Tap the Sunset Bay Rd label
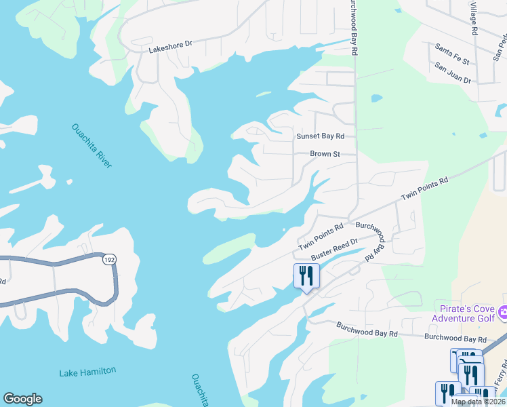[x=320, y=136]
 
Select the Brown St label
[x=325, y=154]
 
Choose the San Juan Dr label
[x=453, y=69]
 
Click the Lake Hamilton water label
[x=87, y=371]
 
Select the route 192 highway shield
[x=109, y=259]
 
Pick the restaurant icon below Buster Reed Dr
[x=306, y=276]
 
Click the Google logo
[x=22, y=399]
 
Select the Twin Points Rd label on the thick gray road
[x=425, y=188]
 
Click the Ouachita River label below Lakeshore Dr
[x=92, y=147]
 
